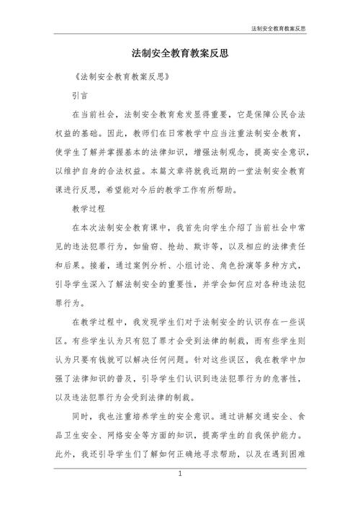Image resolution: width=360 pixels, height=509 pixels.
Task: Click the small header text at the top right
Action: point(279,29)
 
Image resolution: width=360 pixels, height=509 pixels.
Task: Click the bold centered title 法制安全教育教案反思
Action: point(179,53)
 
